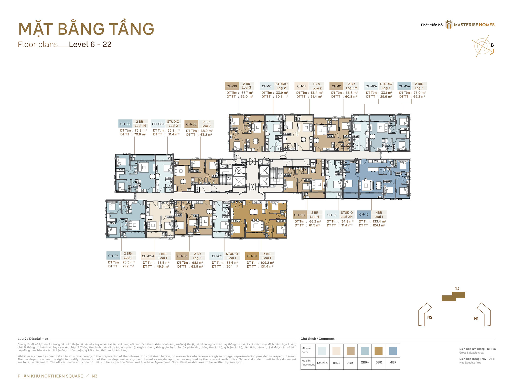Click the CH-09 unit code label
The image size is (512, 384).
click(x=231, y=86)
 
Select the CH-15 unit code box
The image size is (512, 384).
click(x=364, y=215)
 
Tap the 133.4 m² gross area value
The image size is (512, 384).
click(x=379, y=221)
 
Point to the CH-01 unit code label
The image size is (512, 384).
click(x=252, y=256)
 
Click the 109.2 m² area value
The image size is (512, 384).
click(x=267, y=263)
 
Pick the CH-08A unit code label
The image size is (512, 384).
click(x=158, y=124)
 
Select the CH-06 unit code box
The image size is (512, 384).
click(x=125, y=124)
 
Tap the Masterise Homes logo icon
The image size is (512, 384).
click(x=449, y=25)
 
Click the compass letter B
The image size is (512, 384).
click(x=492, y=45)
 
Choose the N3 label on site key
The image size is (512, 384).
click(x=457, y=289)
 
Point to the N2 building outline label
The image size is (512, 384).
click(x=430, y=317)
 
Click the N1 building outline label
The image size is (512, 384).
click(x=476, y=319)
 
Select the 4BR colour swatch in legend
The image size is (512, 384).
click(x=393, y=351)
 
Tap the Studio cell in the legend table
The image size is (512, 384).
click(x=322, y=363)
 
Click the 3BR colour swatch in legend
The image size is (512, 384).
click(x=379, y=351)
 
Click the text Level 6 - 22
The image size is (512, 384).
click(x=90, y=45)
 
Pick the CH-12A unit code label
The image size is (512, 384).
click(x=371, y=86)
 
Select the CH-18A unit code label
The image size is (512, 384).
click(x=300, y=215)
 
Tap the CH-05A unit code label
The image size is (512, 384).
click(x=148, y=256)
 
